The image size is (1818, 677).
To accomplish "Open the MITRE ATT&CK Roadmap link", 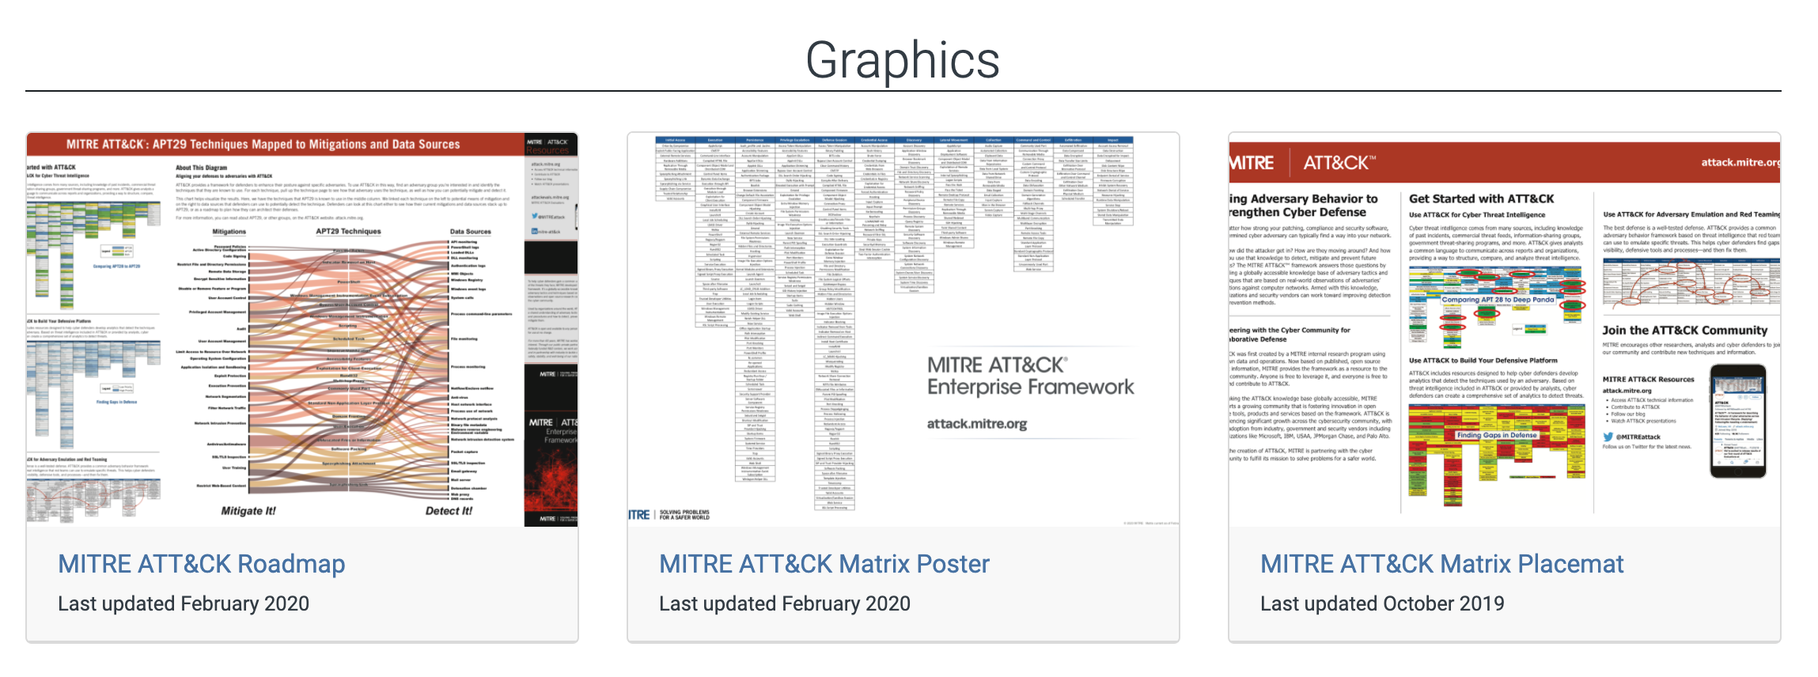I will [x=201, y=564].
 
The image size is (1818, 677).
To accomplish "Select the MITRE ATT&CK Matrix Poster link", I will [x=824, y=564].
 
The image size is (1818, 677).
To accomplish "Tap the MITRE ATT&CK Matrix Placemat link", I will [x=1441, y=564].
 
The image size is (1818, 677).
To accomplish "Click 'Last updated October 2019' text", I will [x=1381, y=603].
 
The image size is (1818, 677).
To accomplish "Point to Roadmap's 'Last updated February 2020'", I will [x=183, y=603].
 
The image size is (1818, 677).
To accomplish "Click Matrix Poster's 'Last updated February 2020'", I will [x=784, y=603].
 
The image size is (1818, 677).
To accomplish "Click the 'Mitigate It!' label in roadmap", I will [x=248, y=511].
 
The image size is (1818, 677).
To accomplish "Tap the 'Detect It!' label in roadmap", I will [x=449, y=511].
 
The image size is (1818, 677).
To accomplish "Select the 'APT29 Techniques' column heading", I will [x=348, y=232].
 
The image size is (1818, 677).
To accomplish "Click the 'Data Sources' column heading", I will [x=470, y=232].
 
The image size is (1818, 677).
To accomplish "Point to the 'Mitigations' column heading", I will [x=229, y=232].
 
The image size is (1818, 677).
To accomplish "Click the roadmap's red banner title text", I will [x=263, y=145].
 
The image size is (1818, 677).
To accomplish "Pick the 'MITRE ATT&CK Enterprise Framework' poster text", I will [x=1029, y=376].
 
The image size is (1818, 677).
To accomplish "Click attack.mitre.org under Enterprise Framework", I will [x=976, y=424].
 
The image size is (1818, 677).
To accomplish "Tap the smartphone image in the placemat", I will [x=1737, y=421].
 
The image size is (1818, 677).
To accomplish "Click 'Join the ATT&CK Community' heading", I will [x=1684, y=331].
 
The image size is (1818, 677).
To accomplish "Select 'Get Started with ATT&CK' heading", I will [x=1481, y=199].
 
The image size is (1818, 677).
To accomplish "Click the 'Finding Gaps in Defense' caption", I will [x=1496, y=435].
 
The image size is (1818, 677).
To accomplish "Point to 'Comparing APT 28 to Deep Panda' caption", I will [x=1498, y=300].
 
